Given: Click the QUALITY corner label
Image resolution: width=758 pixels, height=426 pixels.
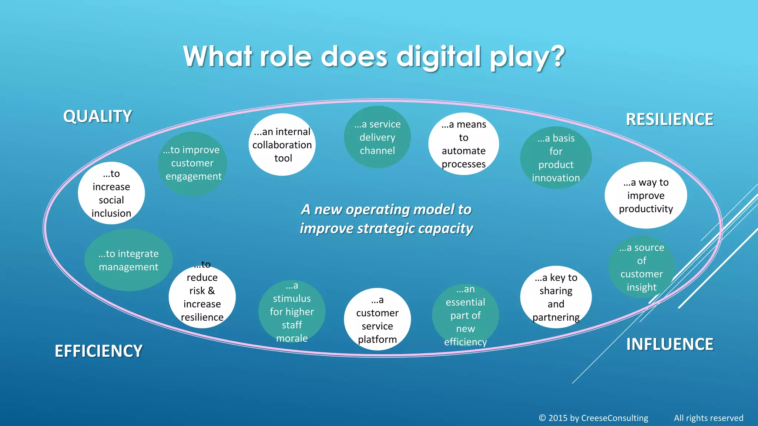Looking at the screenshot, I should pos(97,116).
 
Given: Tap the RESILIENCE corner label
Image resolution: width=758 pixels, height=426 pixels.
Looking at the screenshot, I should pos(669,119).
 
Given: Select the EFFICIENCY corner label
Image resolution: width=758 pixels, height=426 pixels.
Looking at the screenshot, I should pos(98,351).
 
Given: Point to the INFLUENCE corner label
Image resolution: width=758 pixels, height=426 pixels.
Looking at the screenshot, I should pos(670,344).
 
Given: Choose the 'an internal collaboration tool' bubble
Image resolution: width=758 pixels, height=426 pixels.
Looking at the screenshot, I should pos(282,145).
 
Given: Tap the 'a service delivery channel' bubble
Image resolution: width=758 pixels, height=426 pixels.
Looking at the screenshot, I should pos(377,137).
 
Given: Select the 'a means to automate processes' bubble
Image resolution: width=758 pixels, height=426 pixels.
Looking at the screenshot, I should pos(463,144).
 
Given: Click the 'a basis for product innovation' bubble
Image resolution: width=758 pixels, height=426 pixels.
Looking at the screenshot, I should pos(556,158).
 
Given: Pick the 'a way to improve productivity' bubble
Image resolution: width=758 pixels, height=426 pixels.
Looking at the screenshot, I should pos(645,195).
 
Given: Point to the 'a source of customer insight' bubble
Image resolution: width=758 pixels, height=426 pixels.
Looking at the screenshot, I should pos(641,267).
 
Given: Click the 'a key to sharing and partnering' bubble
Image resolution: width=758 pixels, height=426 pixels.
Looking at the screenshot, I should pos(556,297).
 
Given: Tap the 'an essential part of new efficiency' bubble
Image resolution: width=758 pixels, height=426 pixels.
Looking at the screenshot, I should pos(465,315).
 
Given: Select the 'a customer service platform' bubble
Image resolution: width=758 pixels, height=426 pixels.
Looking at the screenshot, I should pos(377,319).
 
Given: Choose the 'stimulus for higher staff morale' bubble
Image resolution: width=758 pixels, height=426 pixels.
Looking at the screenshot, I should pos(292,311).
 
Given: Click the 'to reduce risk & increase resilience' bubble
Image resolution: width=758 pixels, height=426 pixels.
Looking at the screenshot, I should pos(202,297).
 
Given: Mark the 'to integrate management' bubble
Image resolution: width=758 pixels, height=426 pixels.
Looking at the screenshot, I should pos(128,260).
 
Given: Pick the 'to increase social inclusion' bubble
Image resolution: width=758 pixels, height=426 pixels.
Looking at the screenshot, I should pos(111,193).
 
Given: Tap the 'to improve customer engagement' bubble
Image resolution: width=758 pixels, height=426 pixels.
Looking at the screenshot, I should pos(192,163).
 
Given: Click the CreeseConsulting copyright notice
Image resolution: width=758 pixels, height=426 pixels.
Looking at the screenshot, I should pos(593,418).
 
